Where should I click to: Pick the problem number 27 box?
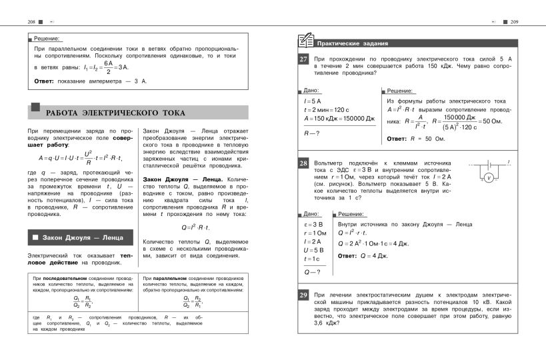click(x=303, y=60)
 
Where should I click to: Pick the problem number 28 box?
click(x=303, y=163)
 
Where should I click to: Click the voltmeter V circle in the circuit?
click(x=487, y=178)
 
